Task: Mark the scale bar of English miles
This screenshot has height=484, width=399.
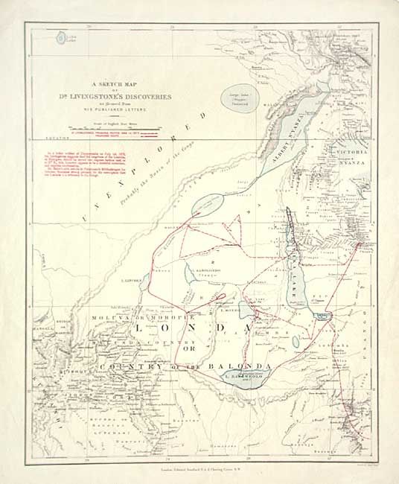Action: pyautogui.click(x=98, y=128)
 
